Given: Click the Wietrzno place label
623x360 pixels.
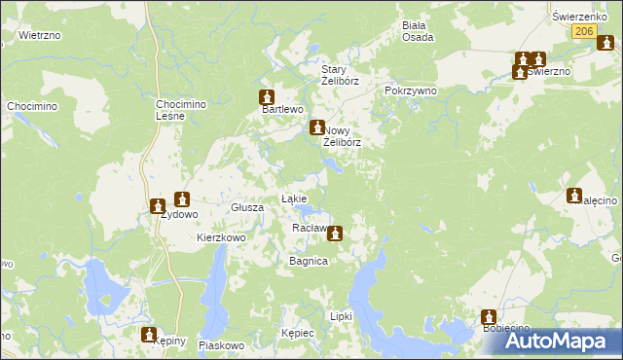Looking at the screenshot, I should point(40,35).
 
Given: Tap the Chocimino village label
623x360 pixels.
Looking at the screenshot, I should point(29,105).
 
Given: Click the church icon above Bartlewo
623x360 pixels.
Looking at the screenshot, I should point(265,97).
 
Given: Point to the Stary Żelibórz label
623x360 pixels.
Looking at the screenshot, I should point(341,75).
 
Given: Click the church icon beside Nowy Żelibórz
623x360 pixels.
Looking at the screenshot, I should point(316,127).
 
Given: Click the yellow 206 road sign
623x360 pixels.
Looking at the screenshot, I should point(582,32).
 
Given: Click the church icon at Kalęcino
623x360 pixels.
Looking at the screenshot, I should point(573,196).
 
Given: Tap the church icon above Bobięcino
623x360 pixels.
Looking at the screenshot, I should point(489,317).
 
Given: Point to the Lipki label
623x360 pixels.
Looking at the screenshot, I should point(341,316).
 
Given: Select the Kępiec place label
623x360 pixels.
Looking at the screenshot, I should point(297,333).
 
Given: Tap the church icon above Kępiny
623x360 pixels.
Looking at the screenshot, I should point(149,334).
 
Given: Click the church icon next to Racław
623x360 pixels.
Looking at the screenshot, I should point(335,233).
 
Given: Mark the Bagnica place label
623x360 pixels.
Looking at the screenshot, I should point(308,262).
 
